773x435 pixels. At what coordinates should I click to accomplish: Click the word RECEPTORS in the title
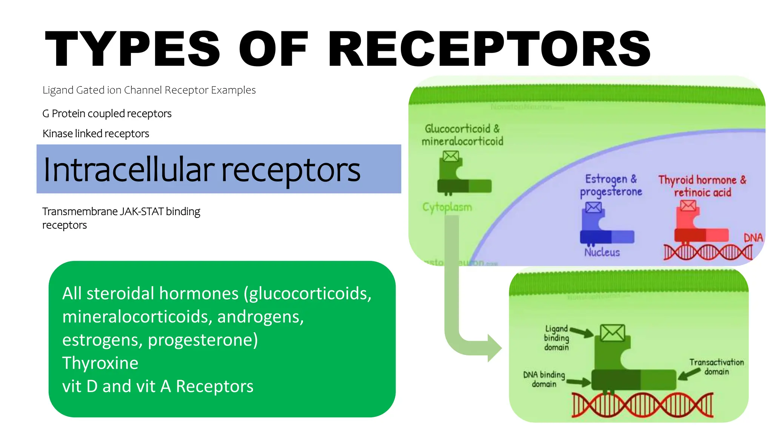tap(490, 49)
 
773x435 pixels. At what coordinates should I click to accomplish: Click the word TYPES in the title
tap(132, 49)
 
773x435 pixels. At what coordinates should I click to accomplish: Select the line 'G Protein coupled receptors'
tap(107, 113)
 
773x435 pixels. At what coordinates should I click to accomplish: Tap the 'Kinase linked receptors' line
tap(96, 133)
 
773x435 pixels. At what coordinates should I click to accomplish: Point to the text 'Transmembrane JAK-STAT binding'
tap(121, 211)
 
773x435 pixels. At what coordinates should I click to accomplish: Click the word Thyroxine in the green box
tap(100, 363)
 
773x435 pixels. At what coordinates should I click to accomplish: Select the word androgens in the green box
tap(260, 316)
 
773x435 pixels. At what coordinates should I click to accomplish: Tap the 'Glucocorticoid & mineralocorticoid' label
tap(462, 135)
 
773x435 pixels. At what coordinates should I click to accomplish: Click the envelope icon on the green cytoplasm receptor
tap(451, 156)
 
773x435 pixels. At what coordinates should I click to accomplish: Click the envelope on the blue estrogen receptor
tap(593, 207)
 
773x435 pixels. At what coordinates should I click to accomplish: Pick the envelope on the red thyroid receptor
tap(688, 205)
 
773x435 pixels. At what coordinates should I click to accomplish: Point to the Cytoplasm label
tap(447, 207)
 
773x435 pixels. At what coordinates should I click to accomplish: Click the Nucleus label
tap(602, 252)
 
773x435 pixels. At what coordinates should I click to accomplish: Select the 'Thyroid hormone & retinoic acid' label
tap(702, 186)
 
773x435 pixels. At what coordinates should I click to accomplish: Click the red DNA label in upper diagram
tap(753, 238)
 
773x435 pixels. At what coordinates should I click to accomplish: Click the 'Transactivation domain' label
tap(716, 367)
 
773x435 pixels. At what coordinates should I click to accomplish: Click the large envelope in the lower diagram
tap(612, 333)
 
